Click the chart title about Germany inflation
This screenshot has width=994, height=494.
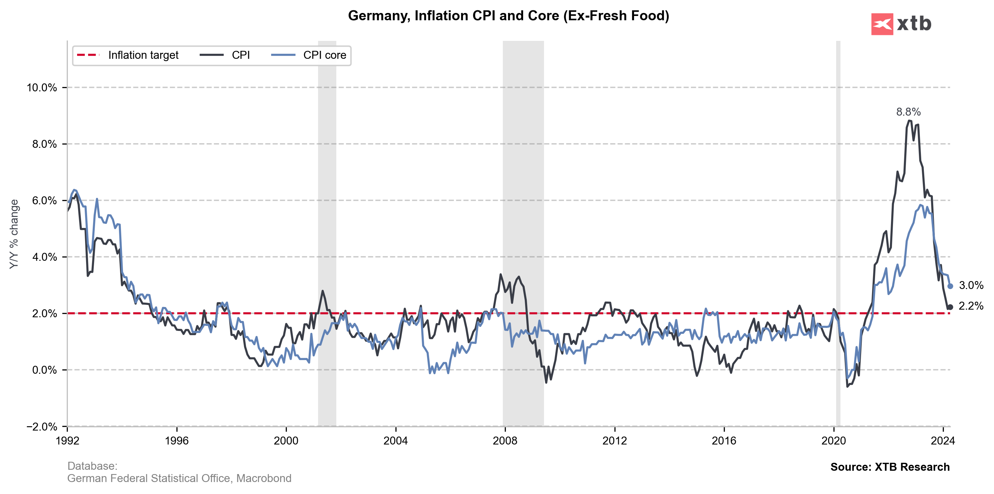click(508, 16)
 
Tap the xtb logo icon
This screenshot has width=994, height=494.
click(882, 24)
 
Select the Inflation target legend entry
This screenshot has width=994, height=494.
click(128, 55)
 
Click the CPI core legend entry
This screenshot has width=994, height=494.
click(309, 55)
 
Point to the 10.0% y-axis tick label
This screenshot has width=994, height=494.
click(42, 88)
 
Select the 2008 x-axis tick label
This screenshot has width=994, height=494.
click(505, 441)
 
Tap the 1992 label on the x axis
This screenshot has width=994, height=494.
click(67, 441)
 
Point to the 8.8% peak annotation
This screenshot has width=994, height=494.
click(908, 112)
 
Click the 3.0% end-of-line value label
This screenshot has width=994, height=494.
click(971, 285)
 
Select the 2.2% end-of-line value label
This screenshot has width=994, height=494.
click(971, 306)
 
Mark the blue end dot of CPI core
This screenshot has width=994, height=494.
click(950, 286)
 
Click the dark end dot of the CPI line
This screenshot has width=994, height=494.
click(950, 307)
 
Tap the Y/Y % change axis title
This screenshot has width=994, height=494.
click(14, 234)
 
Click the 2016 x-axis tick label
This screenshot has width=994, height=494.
click(724, 441)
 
